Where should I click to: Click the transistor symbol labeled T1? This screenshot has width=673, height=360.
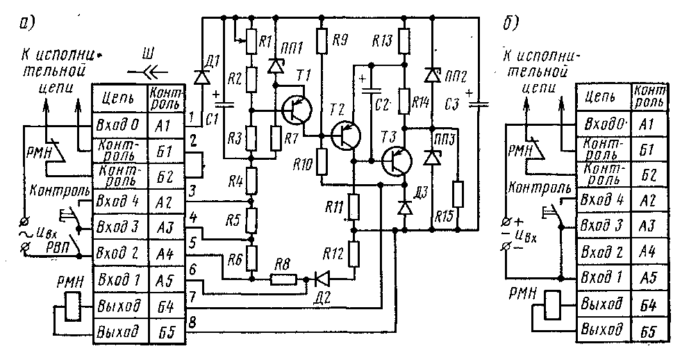point(297,108)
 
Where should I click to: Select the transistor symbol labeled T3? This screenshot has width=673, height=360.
point(397,159)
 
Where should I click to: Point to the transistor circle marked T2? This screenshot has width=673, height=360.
point(344,134)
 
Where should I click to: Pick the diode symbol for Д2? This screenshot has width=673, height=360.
point(322,279)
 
